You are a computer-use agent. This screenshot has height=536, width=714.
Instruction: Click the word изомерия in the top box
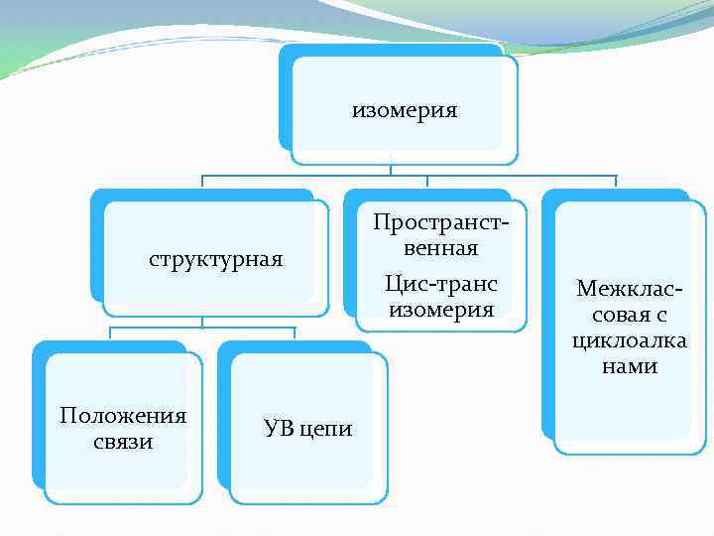tap(405, 110)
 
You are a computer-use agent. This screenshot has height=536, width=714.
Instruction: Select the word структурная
tap(216, 260)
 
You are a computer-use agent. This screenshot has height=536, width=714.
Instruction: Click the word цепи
tap(326, 428)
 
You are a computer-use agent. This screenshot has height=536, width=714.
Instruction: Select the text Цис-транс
tap(441, 284)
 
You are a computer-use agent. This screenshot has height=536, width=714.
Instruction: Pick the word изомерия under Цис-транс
tap(441, 310)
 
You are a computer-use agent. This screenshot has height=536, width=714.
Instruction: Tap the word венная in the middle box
tap(441, 247)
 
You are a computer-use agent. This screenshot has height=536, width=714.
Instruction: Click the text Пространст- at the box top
tap(441, 221)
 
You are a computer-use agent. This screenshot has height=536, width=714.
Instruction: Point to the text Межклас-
tap(629, 289)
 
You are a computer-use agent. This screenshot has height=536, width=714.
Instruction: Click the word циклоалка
tap(629, 340)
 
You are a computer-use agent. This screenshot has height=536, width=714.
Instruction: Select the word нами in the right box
tap(629, 366)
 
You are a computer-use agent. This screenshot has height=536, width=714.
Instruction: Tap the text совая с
tap(629, 315)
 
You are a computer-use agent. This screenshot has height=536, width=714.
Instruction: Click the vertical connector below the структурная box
tap(202, 322)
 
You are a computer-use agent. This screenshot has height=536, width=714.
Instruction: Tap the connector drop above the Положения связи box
tap(109, 334)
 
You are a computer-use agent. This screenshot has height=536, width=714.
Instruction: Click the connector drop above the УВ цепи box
tap(295, 334)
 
